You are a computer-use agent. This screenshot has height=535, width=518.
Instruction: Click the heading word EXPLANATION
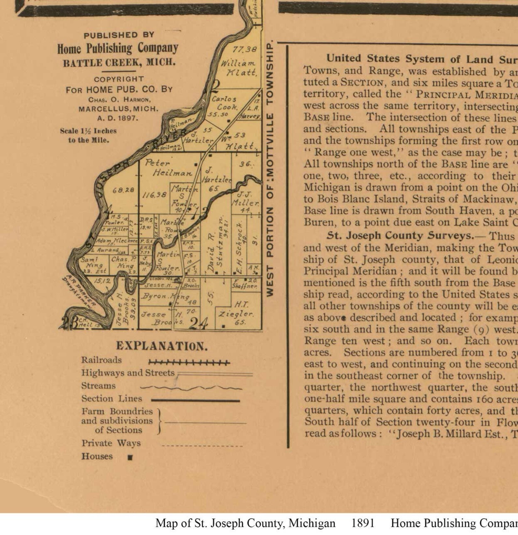tap(162, 346)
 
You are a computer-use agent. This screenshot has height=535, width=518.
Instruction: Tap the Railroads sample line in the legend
tap(189, 362)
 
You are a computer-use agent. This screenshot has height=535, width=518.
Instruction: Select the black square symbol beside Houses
tap(130, 457)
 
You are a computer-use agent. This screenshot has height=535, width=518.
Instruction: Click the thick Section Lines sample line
tap(195, 400)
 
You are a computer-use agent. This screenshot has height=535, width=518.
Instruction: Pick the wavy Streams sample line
tap(191, 388)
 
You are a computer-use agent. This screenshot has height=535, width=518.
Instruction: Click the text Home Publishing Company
tap(118, 48)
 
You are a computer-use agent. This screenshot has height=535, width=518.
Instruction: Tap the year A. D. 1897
tap(118, 118)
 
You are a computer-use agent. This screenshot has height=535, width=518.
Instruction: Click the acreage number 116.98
tap(155, 195)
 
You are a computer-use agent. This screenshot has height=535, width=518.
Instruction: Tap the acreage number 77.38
tap(244, 49)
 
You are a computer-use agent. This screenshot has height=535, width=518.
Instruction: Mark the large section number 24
tap(198, 323)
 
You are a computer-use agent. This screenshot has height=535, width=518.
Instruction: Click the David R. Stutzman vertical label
tap(216, 245)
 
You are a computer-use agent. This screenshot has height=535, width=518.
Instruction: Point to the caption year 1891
tap(362, 523)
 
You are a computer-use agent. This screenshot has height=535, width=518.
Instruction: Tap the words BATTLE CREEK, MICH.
tap(119, 63)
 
